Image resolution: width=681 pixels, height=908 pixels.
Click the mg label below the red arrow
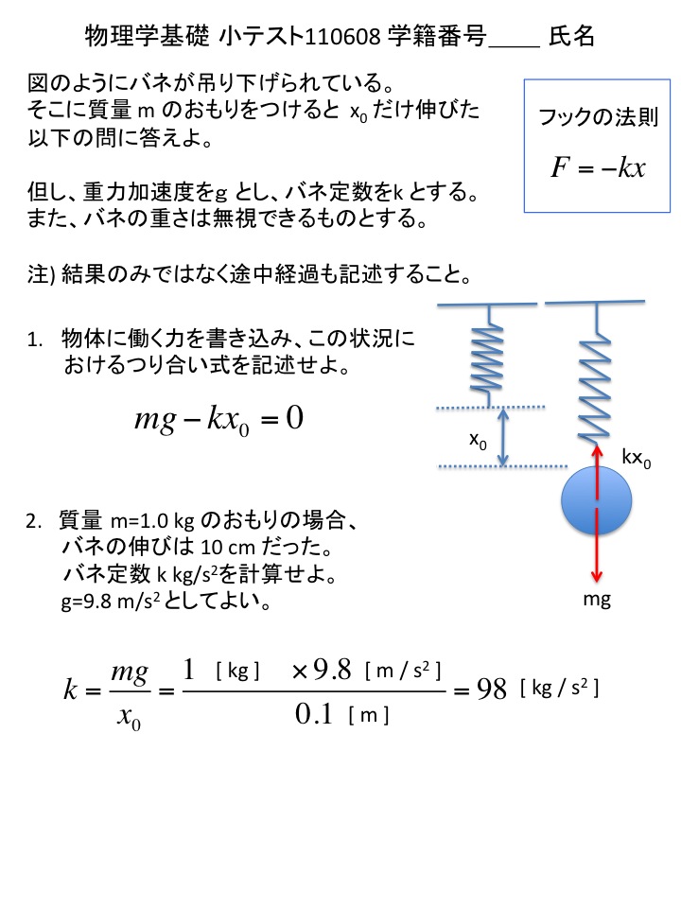(x=596, y=598)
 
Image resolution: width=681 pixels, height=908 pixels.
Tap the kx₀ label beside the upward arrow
(x=637, y=459)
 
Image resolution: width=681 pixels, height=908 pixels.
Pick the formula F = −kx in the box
(x=598, y=168)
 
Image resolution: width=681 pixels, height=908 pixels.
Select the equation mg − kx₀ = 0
(x=218, y=419)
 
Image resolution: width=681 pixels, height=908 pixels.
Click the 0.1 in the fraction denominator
(x=314, y=715)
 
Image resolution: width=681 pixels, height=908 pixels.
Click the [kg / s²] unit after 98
(x=560, y=688)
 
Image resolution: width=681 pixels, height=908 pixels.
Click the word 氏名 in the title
(x=572, y=37)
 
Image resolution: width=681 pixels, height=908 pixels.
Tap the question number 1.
(x=34, y=339)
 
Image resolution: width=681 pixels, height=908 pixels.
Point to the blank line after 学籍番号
(x=515, y=42)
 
